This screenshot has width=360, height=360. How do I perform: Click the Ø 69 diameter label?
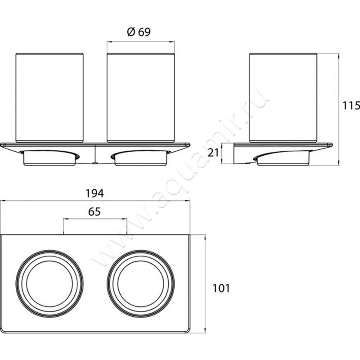(139, 32)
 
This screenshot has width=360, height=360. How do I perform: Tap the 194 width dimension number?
(94, 116)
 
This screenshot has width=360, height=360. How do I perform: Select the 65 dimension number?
(94, 212)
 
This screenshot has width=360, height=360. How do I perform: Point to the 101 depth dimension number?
(221, 288)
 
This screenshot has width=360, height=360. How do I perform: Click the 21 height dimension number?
(213, 153)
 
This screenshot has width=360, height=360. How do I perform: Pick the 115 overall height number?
(351, 106)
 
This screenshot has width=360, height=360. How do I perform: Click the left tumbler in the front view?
(49, 98)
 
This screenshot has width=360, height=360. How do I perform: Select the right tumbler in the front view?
(141, 98)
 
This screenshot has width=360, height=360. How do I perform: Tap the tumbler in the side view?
(283, 98)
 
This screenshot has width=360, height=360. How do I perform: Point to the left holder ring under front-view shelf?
(49, 158)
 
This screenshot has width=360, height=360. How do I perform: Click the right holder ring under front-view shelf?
(141, 158)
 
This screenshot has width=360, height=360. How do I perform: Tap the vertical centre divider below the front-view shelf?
(95, 154)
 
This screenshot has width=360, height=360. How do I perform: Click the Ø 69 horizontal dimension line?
(141, 42)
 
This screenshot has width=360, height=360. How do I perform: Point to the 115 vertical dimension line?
(339, 109)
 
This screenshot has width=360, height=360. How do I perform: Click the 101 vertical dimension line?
(205, 284)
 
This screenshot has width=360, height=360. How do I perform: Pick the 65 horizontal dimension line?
(95, 219)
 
